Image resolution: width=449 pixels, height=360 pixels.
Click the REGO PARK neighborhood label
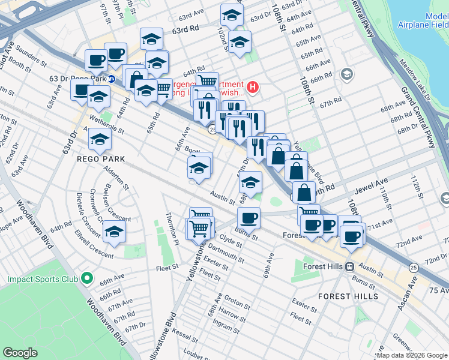(x=101, y=159)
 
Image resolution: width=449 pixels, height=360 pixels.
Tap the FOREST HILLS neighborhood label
(x=348, y=296)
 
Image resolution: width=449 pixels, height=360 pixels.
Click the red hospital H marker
(x=253, y=88)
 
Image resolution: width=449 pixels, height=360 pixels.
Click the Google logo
(x=20, y=353)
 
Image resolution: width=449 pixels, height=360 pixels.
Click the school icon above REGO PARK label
(x=100, y=140)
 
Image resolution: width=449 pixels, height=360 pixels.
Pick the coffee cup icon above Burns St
(x=248, y=217)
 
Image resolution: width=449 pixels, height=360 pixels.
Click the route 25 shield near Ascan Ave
(x=413, y=266)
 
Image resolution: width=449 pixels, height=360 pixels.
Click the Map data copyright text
(x=398, y=355)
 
